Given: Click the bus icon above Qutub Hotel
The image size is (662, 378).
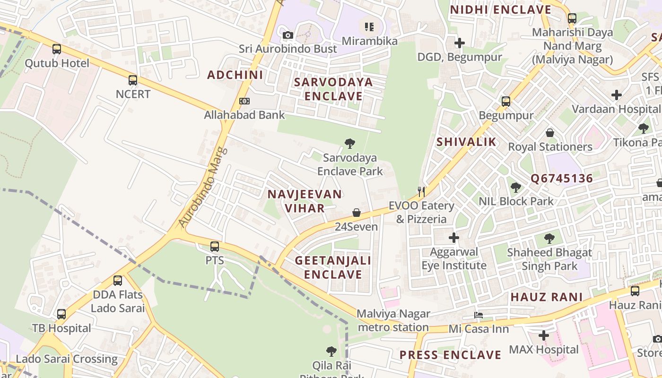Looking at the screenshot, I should pos(57,49).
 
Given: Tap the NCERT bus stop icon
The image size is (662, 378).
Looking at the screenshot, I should pos(133,80).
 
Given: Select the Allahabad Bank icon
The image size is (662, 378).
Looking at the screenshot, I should pos(244,101).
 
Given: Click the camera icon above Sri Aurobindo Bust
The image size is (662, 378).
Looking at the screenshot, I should pos(287,35).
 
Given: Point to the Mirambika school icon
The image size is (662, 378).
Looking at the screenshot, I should pos(369,27).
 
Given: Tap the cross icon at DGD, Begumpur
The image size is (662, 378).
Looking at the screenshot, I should pos(459,43).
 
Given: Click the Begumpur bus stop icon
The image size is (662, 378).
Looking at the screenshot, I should pos(506,101).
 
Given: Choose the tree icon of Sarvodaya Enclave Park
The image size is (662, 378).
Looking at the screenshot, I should pos(350,143).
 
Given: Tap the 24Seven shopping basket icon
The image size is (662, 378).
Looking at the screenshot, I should pos(357,213).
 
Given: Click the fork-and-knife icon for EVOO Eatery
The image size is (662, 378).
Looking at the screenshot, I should pos(421,191).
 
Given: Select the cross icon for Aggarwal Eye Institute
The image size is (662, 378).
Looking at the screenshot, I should pos(454,237).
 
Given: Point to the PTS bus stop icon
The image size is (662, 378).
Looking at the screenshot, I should pos(215,246).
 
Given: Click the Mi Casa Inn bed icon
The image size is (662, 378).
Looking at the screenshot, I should pos(479,315).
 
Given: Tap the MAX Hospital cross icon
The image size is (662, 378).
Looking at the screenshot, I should pos(544,335).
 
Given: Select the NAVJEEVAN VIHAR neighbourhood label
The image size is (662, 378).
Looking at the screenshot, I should pos(305,201).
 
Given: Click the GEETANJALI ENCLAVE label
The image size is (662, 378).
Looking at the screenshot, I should pos(333,267).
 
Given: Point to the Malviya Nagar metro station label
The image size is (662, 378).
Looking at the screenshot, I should pos(393,320).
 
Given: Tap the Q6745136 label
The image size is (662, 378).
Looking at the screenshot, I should pos(561,179).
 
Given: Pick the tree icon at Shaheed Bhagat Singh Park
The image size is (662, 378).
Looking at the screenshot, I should pos(549,238).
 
